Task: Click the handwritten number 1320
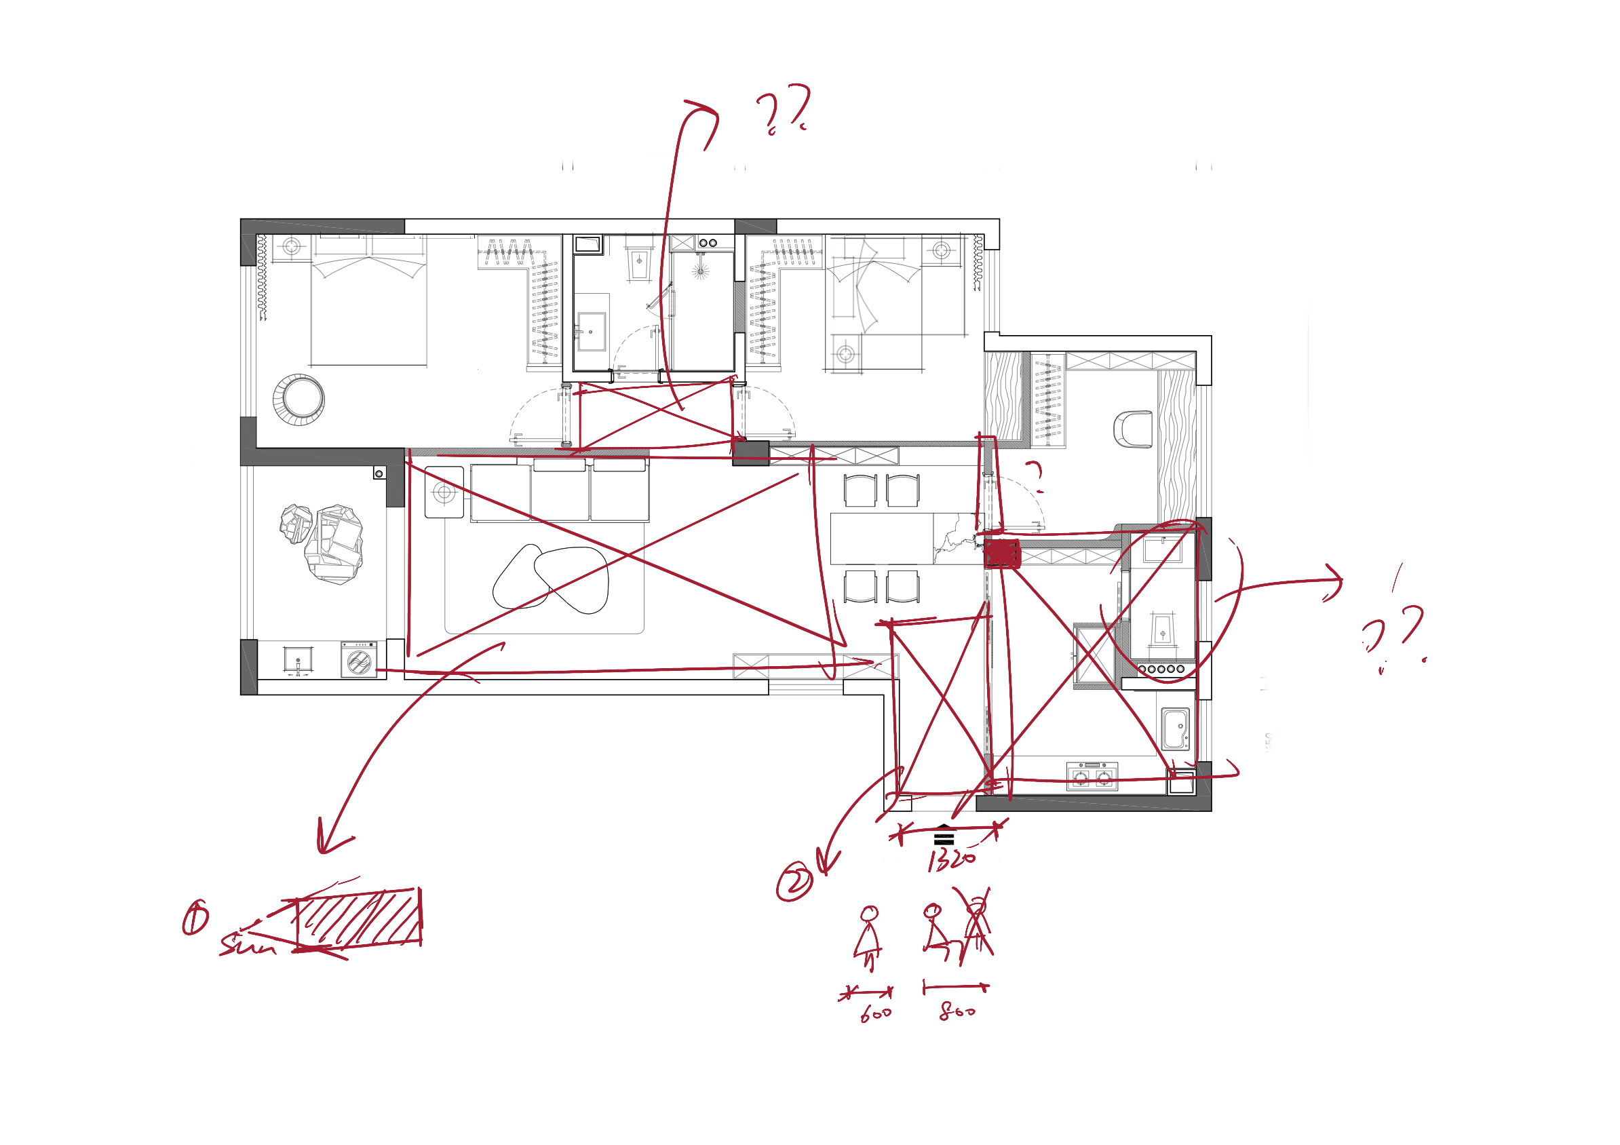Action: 952,860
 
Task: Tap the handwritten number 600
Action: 876,1014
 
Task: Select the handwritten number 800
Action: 957,1011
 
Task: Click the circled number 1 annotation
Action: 195,918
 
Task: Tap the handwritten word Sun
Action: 247,946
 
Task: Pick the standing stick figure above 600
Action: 868,935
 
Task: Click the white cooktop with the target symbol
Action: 444,492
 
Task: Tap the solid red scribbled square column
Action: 1002,554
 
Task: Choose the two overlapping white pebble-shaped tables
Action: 552,578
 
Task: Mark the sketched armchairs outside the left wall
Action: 322,541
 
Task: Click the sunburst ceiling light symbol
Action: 700,271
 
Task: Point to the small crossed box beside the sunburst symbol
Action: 682,243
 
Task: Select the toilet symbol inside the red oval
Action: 1163,629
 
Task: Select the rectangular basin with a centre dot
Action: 592,332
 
